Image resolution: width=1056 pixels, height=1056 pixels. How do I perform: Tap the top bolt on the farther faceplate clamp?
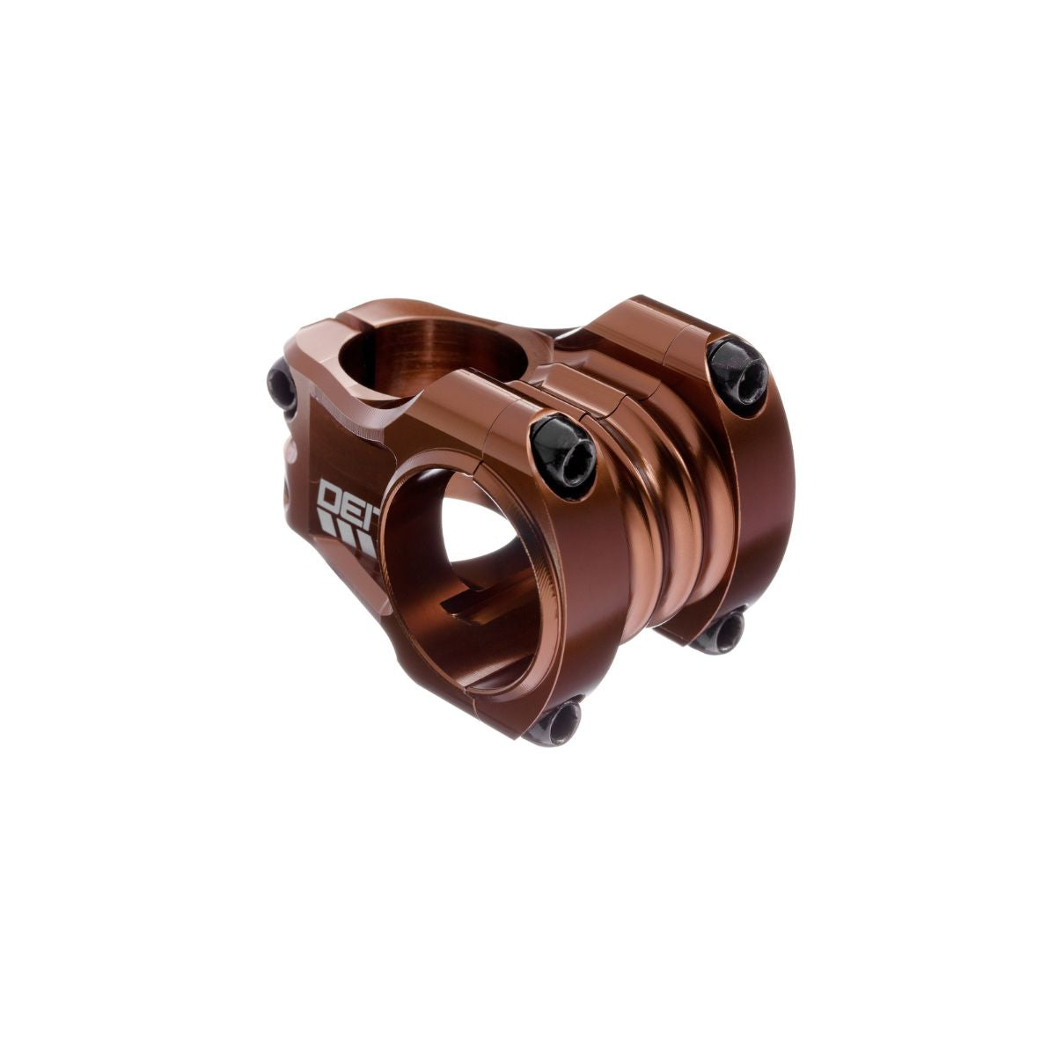pos(737,375)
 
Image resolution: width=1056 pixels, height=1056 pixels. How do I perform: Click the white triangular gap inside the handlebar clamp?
pos(482,528)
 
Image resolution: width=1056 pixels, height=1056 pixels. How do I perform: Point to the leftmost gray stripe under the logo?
pos(326,526)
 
